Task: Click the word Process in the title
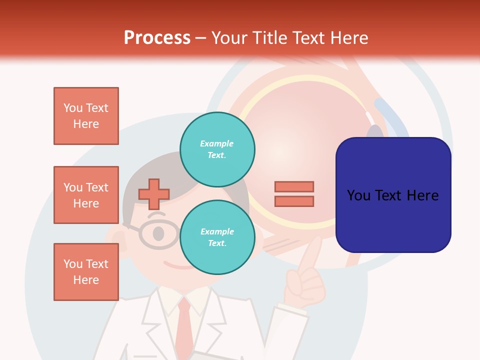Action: [x=157, y=38]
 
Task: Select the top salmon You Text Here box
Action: [x=86, y=116]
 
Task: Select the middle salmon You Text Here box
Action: [x=86, y=195]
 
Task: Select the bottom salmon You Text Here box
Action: [x=86, y=272]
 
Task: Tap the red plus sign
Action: [x=154, y=194]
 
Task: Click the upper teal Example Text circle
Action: [x=217, y=149]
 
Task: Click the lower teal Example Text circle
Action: [x=217, y=237]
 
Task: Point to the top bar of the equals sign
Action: [x=294, y=186]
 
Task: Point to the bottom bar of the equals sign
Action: [x=294, y=201]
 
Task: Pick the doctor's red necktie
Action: [x=184, y=325]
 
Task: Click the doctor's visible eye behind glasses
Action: [x=158, y=233]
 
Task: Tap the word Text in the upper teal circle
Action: [x=216, y=155]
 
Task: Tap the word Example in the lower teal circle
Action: [x=217, y=231]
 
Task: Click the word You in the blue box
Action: [x=359, y=195]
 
